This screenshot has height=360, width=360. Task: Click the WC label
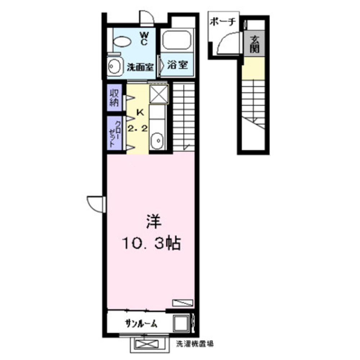click(x=144, y=39)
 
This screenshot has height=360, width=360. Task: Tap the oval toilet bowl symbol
click(x=122, y=41)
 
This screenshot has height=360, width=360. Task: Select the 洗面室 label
click(x=140, y=67)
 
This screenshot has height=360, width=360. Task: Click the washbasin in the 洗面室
click(x=114, y=66)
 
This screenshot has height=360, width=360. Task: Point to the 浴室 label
click(x=177, y=65)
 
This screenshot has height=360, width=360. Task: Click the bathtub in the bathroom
click(x=176, y=40)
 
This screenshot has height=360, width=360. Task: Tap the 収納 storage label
click(x=114, y=98)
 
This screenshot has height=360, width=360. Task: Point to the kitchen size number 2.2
click(x=138, y=129)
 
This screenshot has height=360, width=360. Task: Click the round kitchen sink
click(x=157, y=140)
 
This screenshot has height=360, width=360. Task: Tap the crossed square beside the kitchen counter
click(x=159, y=94)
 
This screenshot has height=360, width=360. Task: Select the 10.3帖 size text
click(x=152, y=243)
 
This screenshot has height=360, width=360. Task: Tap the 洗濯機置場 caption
click(x=195, y=344)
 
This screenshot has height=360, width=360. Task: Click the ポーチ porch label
click(x=223, y=22)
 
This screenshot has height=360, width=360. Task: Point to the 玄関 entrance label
click(x=255, y=44)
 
